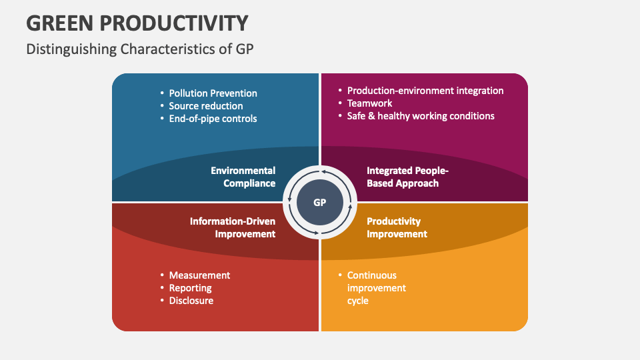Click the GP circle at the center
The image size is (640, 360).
coord(320,202)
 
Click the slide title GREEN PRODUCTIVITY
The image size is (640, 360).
coord(137,23)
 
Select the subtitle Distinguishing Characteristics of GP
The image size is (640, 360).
coord(140,49)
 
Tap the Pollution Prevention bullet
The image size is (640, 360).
coord(213,93)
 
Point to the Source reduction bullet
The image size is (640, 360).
coord(205,106)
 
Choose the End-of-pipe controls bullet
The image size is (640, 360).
coord(213,119)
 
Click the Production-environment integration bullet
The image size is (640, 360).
coord(425,91)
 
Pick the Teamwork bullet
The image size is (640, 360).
coord(369,103)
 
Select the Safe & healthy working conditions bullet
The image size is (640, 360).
coord(421,116)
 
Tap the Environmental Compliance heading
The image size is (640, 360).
coord(243,177)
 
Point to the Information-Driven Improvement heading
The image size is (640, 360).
coord(232,227)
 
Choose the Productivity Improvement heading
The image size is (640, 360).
coord(397,227)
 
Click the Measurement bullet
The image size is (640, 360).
coord(199,275)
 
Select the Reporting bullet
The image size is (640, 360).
coord(190,288)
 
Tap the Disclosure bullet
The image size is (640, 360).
coord(191,301)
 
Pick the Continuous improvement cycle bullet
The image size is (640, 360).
coord(376,288)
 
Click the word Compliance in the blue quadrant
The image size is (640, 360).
coord(249,183)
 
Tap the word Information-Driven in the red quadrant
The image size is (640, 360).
coord(232,221)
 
